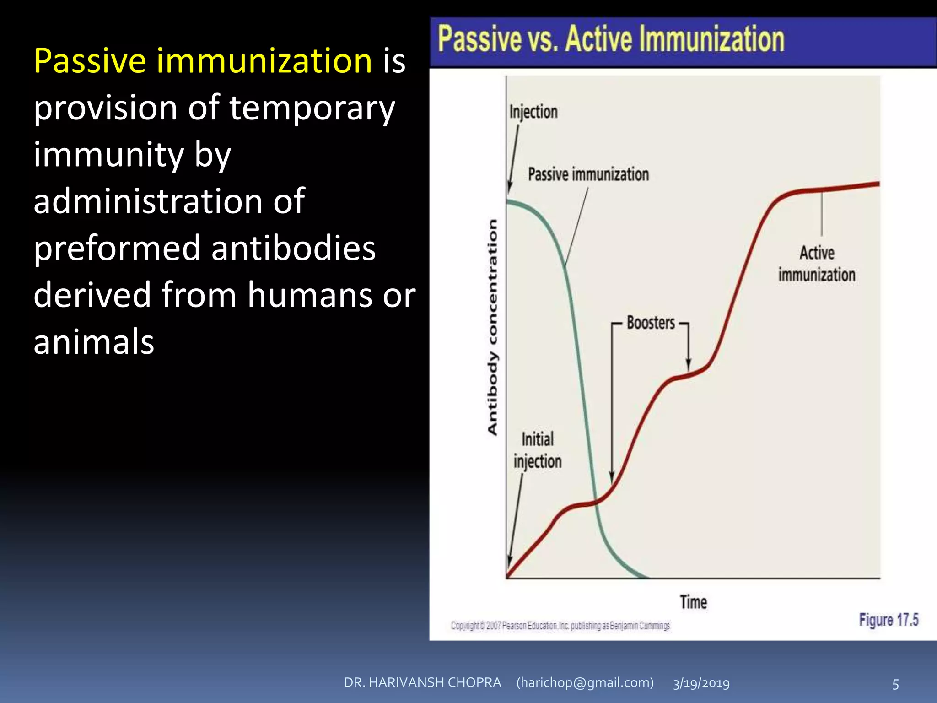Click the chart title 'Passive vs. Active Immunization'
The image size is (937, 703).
611,39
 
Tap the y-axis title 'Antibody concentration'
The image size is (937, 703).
492,327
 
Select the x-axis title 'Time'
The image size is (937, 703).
693,602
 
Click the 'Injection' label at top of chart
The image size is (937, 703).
533,112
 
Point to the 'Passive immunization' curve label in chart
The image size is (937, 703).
588,174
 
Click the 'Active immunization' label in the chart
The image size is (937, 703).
817,264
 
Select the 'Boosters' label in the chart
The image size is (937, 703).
651,323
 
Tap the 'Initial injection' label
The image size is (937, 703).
538,450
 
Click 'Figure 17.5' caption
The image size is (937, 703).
889,620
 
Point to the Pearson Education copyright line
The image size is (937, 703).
560,626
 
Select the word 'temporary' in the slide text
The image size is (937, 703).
312,108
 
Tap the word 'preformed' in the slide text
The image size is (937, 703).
117,248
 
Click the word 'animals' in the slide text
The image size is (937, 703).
94,342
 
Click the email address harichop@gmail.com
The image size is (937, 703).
585,682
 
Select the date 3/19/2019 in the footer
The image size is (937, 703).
701,683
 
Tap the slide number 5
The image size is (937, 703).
895,684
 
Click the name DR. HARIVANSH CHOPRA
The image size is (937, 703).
422,682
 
